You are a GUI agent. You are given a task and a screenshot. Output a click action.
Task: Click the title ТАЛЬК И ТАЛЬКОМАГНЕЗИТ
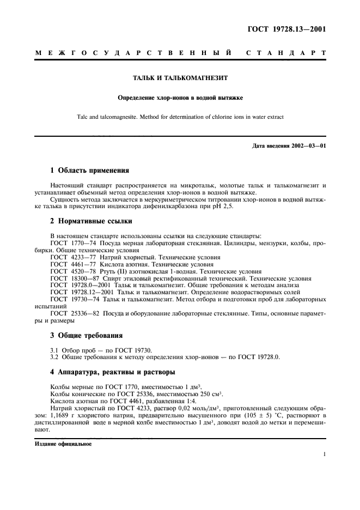pyautogui.click(x=179, y=79)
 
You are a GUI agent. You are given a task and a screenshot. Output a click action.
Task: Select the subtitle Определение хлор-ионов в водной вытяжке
pyautogui.click(x=179, y=98)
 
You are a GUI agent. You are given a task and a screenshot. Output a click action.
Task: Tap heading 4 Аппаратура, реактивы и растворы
pyautogui.click(x=112, y=373)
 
